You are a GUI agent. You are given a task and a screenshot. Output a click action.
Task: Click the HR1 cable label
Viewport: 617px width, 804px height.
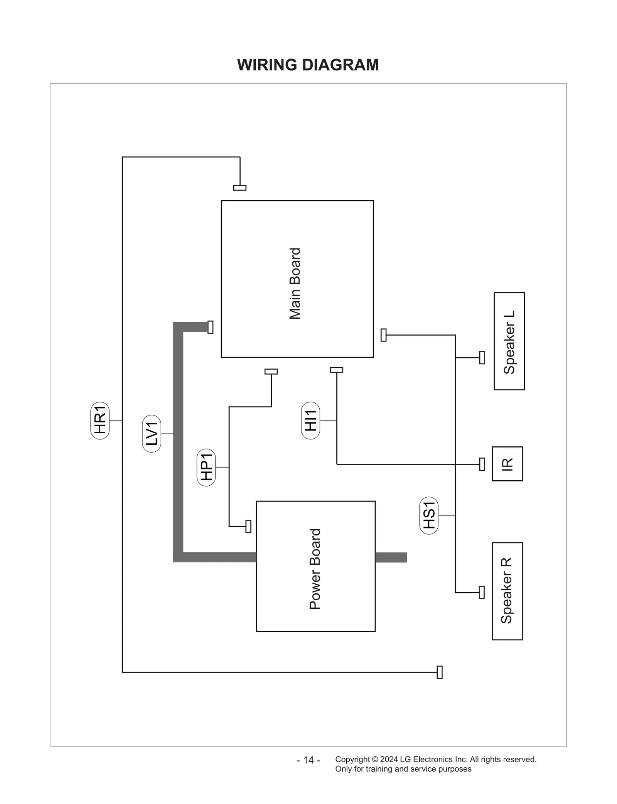(x=100, y=421)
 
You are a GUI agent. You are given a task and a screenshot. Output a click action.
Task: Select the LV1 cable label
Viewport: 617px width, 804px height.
(x=152, y=434)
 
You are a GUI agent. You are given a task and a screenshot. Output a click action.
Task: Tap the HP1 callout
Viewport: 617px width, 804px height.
(x=206, y=467)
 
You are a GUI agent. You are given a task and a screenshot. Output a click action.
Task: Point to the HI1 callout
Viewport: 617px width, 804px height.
(x=310, y=421)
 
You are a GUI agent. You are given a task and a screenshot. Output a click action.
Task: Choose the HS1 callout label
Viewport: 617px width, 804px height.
(x=429, y=515)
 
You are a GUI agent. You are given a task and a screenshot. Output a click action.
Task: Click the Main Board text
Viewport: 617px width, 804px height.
(x=295, y=284)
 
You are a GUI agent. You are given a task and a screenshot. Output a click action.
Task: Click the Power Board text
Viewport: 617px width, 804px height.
(x=315, y=569)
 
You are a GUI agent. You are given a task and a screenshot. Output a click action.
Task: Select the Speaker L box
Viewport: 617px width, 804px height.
(x=509, y=341)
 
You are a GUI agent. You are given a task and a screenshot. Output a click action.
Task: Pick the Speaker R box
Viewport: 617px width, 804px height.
(x=507, y=591)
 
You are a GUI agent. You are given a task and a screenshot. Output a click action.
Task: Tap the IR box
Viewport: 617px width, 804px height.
(x=507, y=464)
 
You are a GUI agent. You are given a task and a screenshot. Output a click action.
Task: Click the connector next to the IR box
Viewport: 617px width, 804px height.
(x=482, y=464)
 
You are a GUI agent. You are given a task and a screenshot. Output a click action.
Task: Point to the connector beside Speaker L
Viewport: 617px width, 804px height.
(x=482, y=358)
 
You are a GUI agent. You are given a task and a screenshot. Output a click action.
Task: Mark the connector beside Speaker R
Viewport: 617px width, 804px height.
(x=481, y=593)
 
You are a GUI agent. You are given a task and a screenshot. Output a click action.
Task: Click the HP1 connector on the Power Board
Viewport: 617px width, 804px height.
(x=248, y=526)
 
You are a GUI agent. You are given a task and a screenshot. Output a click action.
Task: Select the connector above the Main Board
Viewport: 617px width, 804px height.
(x=239, y=188)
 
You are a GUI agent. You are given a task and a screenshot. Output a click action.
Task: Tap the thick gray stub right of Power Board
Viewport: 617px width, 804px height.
(x=391, y=557)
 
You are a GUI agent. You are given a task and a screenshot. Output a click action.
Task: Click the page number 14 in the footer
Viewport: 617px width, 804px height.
(x=308, y=760)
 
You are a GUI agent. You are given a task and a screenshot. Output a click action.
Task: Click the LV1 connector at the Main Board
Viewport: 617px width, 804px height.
(x=211, y=327)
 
